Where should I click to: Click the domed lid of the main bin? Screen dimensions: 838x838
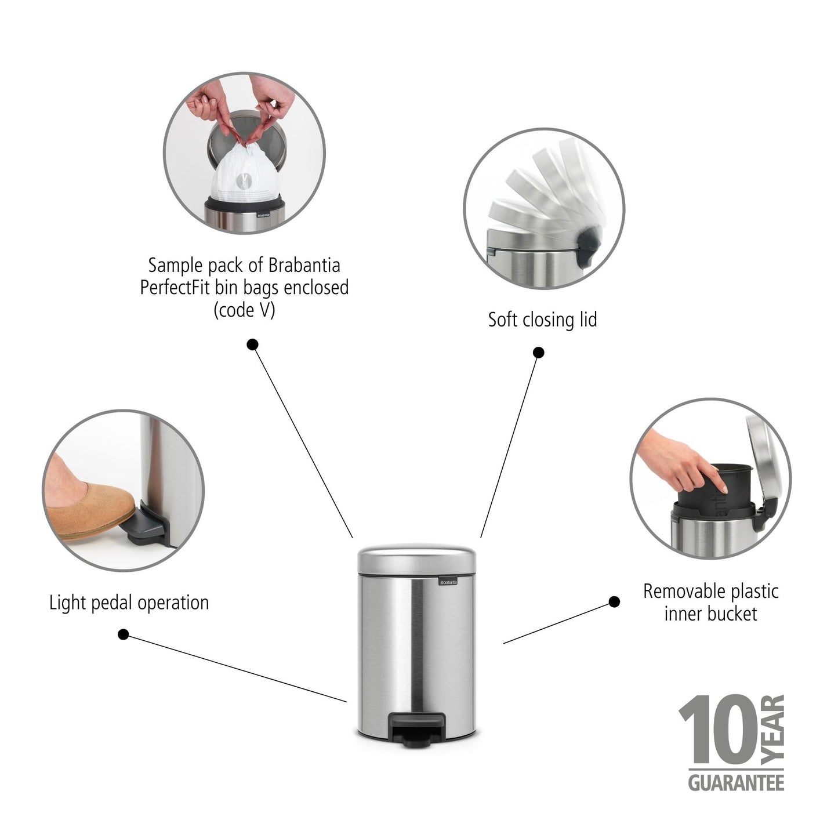click(x=416, y=558)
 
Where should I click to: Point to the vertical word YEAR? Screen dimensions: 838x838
click(x=773, y=730)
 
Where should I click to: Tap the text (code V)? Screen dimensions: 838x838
click(x=244, y=310)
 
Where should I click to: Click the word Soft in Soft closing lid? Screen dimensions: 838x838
click(x=502, y=320)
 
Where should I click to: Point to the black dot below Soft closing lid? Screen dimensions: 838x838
click(x=538, y=353)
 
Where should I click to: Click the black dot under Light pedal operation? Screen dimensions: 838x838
click(x=123, y=634)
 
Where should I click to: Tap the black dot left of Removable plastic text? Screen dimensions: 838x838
click(x=614, y=602)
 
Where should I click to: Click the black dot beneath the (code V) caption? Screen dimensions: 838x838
click(x=252, y=344)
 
